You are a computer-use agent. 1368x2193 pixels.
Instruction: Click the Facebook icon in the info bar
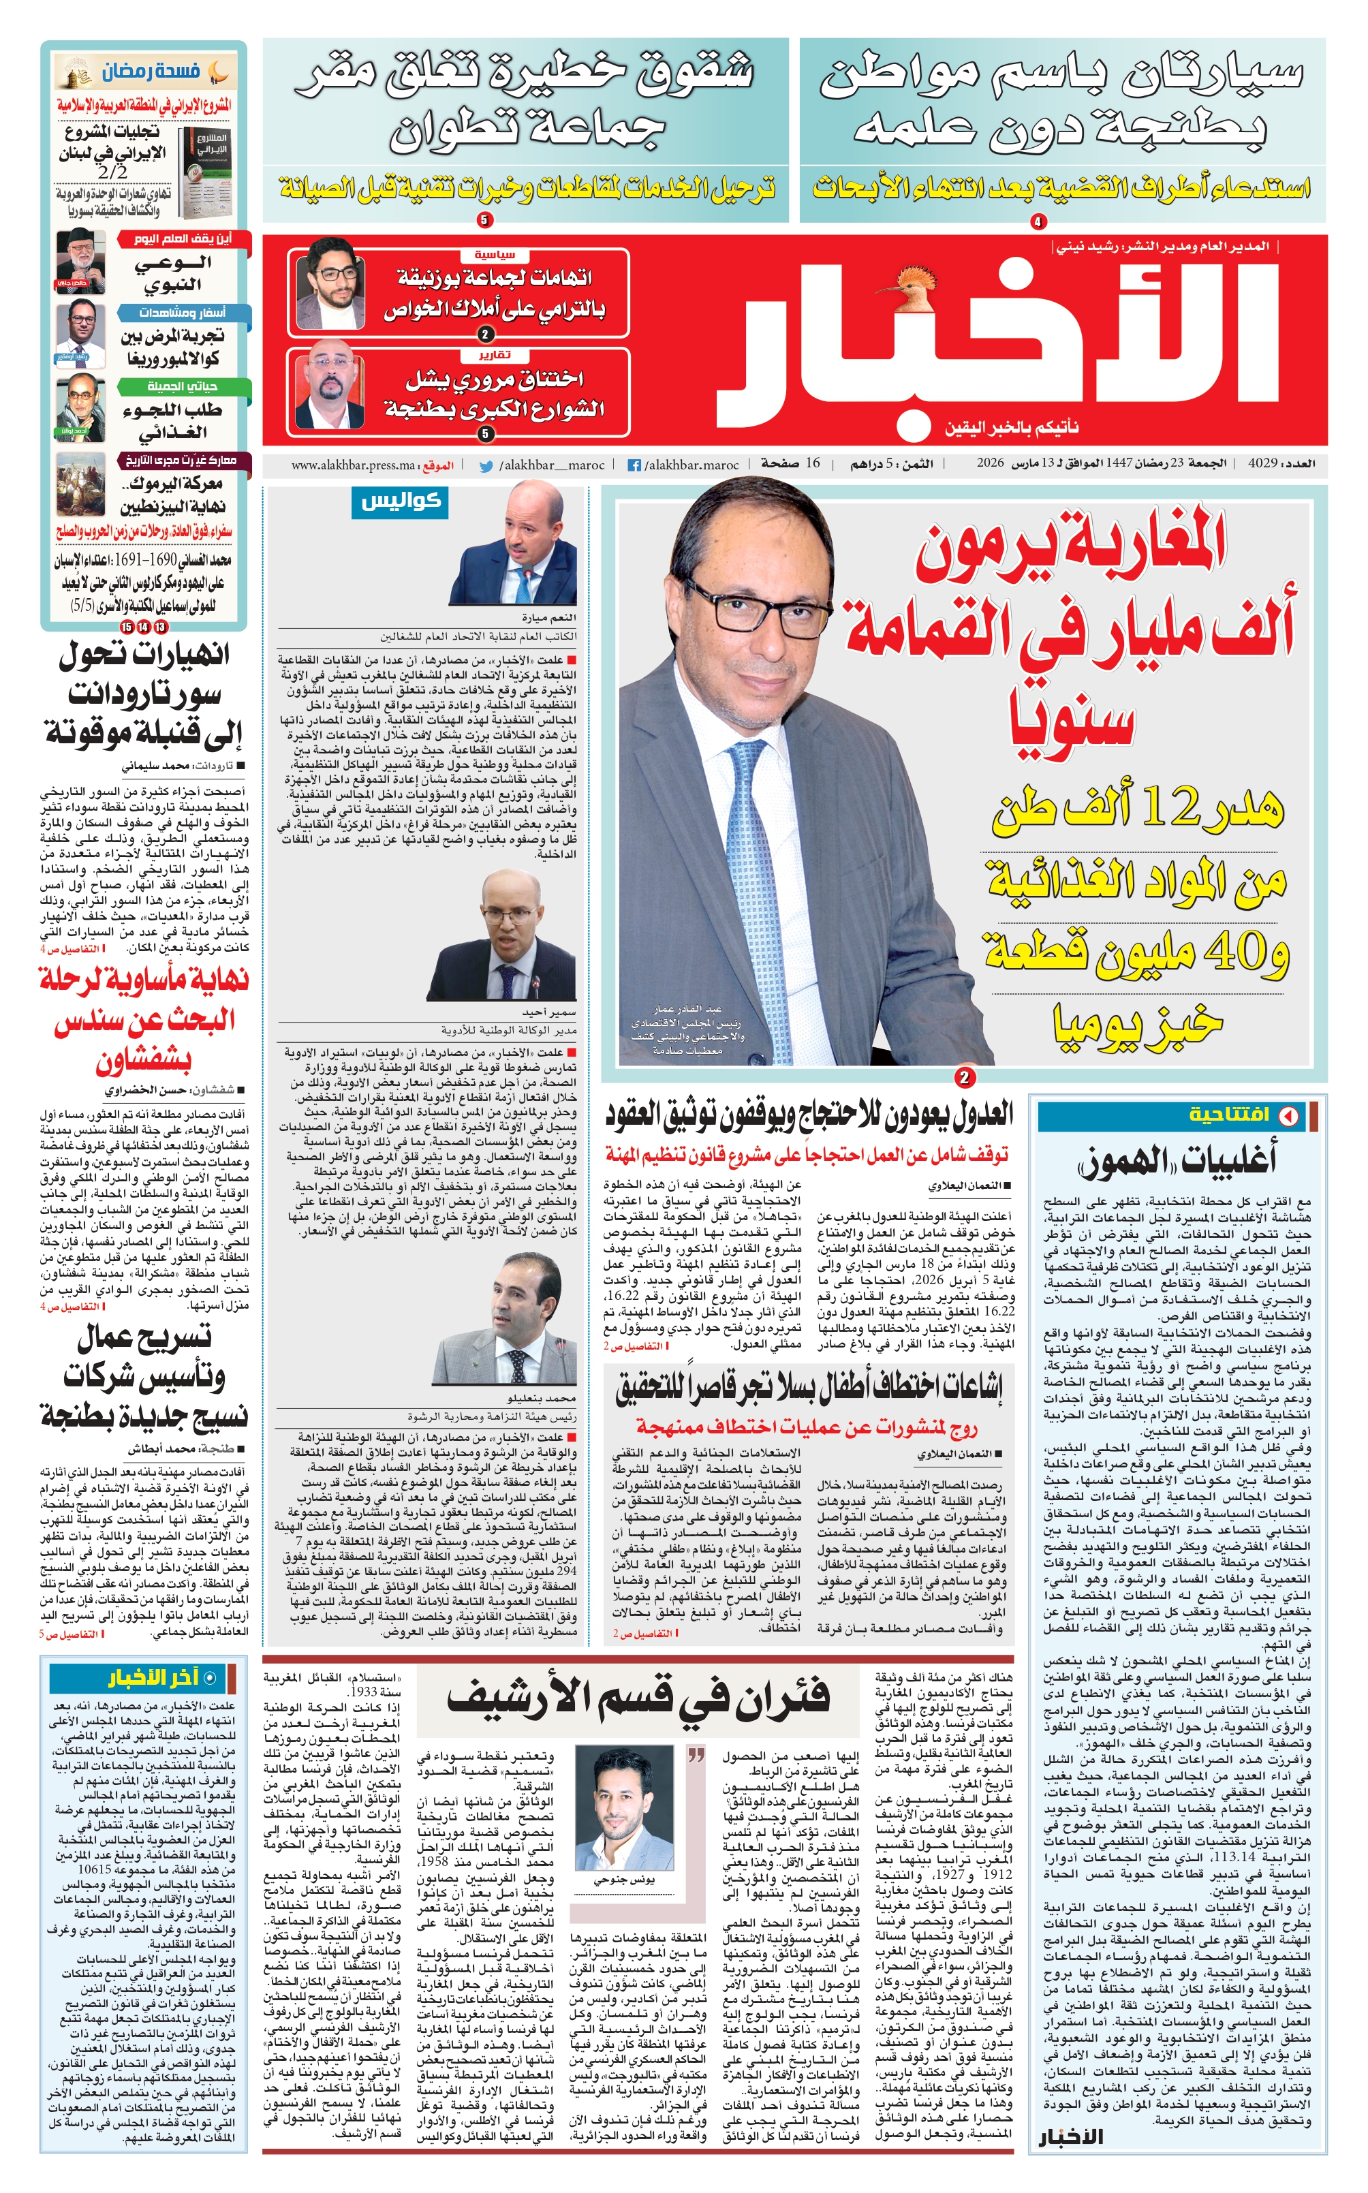[x=635, y=465]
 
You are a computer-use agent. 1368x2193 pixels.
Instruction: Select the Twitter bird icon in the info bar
[x=486, y=466]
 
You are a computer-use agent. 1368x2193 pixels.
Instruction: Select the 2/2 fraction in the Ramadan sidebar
[x=113, y=171]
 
